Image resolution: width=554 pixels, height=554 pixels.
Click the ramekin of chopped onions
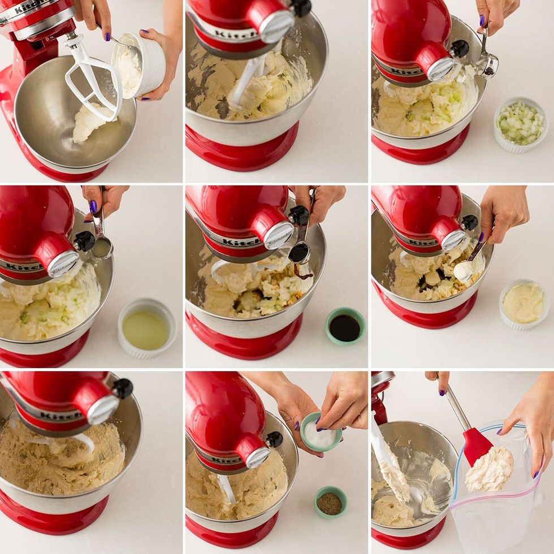[520, 124]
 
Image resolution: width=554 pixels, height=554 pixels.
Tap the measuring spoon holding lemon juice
[102, 246]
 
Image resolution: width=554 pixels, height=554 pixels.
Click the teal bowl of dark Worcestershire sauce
[345, 326]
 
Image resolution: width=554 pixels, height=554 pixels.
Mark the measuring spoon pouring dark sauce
[299, 252]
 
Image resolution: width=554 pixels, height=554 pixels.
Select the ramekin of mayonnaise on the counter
[523, 304]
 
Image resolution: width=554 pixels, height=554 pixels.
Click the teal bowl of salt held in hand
[321, 433]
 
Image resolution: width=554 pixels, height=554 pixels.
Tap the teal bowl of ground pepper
[330, 502]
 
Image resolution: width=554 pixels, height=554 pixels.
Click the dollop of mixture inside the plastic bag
[490, 469]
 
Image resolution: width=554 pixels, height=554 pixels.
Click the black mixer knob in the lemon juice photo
[85, 241]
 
